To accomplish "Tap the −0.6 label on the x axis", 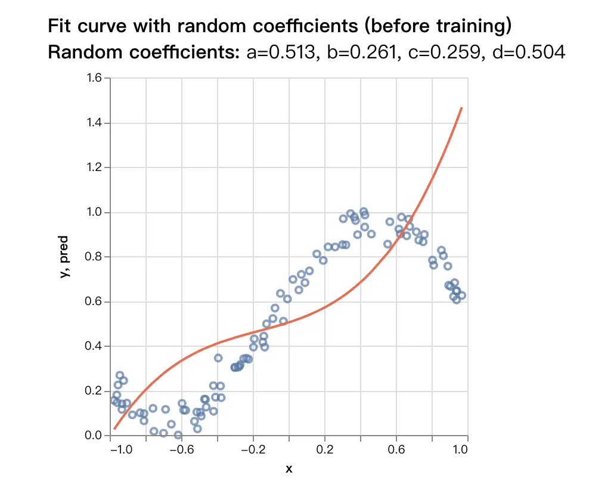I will pyautogui.click(x=182, y=450).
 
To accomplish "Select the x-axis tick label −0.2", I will pyautogui.click(x=253, y=450).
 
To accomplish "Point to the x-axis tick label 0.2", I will pyautogui.click(x=325, y=450).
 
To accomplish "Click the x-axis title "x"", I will pyautogui.click(x=289, y=469).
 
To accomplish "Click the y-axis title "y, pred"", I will pyautogui.click(x=64, y=257).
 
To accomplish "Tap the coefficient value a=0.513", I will pyautogui.click(x=281, y=53).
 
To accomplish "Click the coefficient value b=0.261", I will pyautogui.click(x=362, y=53).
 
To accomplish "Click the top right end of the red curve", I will pyautogui.click(x=462, y=108).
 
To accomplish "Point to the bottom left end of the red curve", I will pyautogui.click(x=114, y=428).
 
